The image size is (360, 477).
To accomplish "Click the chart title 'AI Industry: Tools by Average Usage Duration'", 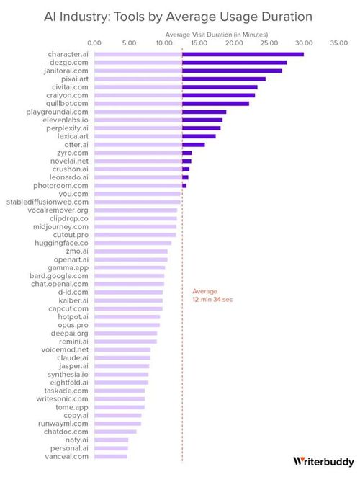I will (x=179, y=16).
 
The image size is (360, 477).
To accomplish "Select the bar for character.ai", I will (x=199, y=54).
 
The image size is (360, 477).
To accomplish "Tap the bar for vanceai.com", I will (x=111, y=456).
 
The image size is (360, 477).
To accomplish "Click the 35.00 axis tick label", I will (x=338, y=43).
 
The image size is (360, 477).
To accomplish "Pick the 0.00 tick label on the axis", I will (x=94, y=43).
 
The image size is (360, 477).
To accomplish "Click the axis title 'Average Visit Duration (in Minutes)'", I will (x=216, y=33).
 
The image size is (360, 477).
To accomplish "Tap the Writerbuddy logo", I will (x=323, y=461).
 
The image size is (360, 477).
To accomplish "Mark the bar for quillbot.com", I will (x=171, y=103).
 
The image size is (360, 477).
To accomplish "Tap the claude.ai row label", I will (x=74, y=357).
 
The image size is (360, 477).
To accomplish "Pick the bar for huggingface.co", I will (x=132, y=243).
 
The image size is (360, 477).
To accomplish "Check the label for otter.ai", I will (x=76, y=144).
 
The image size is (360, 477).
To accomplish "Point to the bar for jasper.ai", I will (x=121, y=366).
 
